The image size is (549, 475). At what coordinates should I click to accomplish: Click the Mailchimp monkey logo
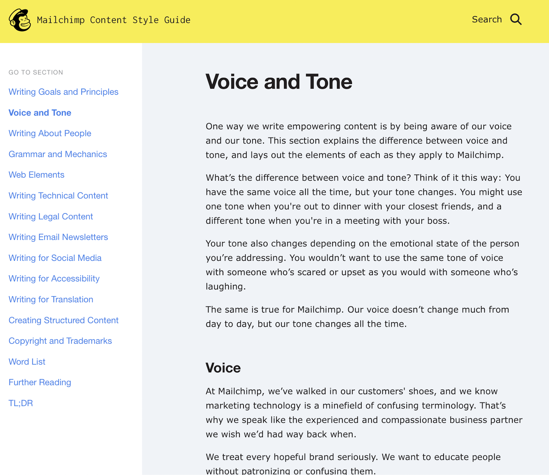(20, 20)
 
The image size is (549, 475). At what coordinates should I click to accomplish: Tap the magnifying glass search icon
(516, 20)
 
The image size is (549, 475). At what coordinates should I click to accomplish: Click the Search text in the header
(487, 20)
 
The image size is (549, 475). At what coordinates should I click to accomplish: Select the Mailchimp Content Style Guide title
(114, 20)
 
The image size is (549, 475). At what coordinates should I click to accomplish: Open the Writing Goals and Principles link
(63, 92)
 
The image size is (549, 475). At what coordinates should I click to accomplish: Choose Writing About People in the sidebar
(50, 134)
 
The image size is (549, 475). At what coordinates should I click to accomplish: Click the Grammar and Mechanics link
(58, 154)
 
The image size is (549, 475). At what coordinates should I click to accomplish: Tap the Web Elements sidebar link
(36, 175)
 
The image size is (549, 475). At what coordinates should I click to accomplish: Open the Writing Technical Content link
(58, 196)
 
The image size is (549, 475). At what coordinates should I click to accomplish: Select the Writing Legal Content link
(51, 217)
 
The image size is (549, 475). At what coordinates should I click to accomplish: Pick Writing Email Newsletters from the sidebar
(58, 237)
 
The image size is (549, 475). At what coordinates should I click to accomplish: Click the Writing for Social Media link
(55, 258)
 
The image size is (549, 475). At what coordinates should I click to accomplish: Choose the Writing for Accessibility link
(54, 279)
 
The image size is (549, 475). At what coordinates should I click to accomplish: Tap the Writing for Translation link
(51, 300)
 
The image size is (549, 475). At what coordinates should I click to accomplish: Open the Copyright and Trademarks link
(60, 341)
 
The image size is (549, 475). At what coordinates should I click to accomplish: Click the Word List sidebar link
(27, 362)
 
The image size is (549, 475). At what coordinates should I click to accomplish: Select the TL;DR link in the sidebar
(21, 403)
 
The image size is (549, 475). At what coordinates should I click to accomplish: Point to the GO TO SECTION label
(36, 72)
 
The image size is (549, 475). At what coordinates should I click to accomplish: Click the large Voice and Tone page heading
(279, 82)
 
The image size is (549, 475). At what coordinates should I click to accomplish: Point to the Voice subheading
(223, 368)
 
